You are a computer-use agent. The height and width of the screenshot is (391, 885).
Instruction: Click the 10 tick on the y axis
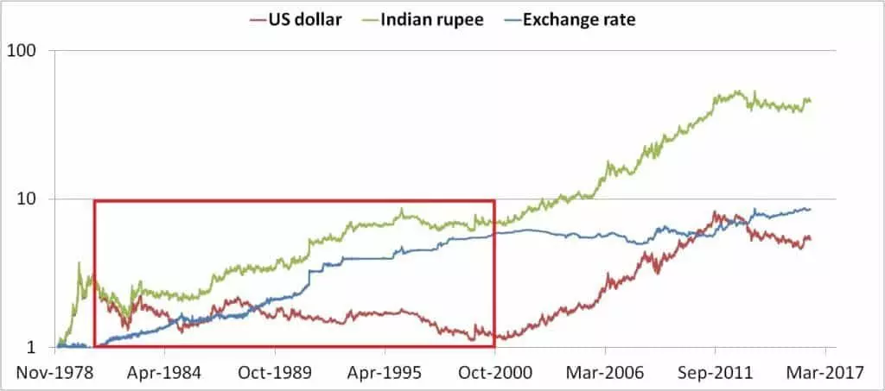pos(35,199)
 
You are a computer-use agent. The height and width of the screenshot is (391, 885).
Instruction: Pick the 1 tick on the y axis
pos(40,348)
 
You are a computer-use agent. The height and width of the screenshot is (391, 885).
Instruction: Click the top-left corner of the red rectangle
pos(94,201)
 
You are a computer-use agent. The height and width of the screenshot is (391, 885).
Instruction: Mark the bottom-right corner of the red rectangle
pos(494,346)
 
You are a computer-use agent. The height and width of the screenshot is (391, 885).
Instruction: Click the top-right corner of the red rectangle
pos(494,201)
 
